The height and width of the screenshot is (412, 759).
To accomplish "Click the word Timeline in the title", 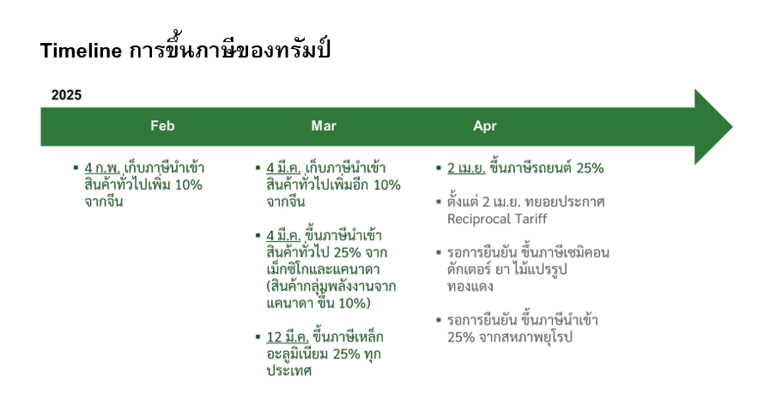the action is [81, 51].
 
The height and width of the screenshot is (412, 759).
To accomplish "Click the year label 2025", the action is [66, 95].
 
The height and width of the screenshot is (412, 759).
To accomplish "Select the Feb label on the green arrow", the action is [162, 126].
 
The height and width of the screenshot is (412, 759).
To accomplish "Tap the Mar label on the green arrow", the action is [324, 126].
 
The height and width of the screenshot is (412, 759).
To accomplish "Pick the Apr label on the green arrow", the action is [484, 126].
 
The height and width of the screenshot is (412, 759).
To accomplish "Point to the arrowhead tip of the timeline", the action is [732, 127].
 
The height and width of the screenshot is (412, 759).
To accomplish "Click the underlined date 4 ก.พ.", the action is [102, 168].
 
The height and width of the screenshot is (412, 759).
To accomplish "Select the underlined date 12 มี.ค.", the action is [288, 337].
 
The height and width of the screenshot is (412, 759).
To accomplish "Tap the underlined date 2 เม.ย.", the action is [466, 168].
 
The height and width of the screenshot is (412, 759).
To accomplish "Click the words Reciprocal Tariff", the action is [497, 220].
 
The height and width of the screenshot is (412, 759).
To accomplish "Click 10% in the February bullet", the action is [188, 185].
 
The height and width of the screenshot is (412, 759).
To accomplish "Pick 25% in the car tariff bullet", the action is [590, 168].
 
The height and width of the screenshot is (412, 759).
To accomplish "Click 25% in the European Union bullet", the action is [461, 337].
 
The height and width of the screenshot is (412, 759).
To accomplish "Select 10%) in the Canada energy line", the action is [355, 303].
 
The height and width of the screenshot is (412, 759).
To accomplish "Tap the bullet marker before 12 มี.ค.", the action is [258, 336].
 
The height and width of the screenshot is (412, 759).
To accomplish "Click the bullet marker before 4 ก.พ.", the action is [76, 167].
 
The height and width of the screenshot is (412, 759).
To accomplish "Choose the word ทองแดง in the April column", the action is [470, 286].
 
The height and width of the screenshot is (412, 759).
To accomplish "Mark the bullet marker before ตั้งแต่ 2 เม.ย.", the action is [439, 202].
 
